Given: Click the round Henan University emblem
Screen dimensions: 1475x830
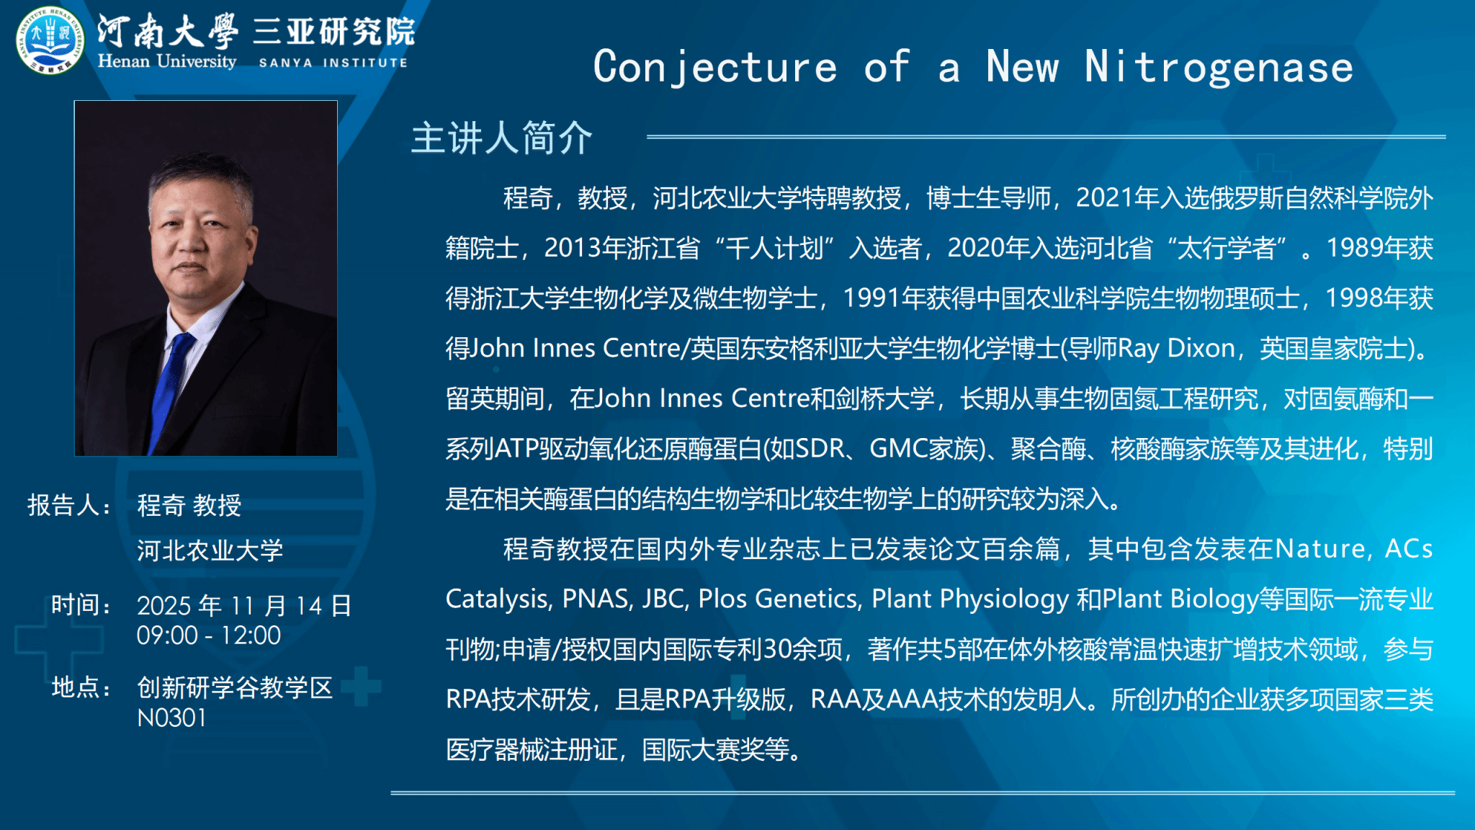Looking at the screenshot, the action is (50, 40).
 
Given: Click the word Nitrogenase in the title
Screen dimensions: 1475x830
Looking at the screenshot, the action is (1219, 67).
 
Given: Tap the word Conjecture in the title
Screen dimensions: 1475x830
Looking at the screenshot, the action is (715, 68).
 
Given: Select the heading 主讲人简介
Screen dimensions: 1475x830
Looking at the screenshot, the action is (501, 138).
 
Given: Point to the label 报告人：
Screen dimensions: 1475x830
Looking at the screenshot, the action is (69, 505).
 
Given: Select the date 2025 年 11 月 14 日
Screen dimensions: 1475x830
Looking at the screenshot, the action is (244, 605).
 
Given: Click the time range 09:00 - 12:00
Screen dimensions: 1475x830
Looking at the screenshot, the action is (209, 635).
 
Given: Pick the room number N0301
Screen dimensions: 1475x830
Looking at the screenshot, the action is (171, 718).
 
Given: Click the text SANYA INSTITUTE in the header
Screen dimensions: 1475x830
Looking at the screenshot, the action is (333, 63).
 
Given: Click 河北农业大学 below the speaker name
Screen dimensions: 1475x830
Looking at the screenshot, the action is (210, 550).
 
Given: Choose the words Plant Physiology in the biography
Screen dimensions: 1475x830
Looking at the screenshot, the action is (970, 599).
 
